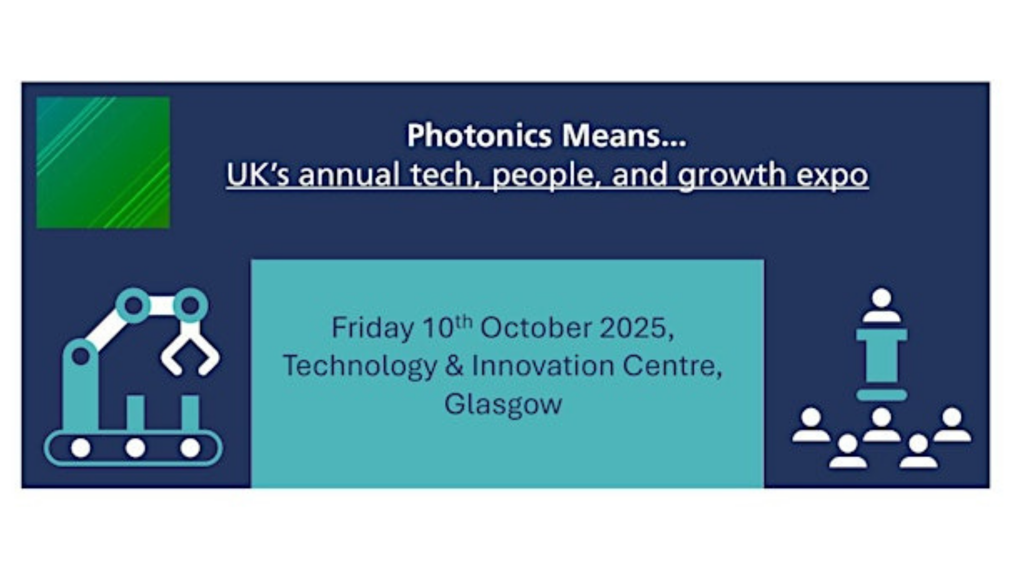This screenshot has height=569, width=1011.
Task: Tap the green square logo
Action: (x=103, y=162)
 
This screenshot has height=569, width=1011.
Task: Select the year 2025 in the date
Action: (x=636, y=329)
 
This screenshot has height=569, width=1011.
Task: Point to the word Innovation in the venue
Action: (x=543, y=366)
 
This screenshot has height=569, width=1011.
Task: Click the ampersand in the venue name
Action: (x=454, y=366)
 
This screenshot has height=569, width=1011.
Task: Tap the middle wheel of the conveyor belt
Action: (x=135, y=448)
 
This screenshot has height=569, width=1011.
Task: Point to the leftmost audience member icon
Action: (x=811, y=425)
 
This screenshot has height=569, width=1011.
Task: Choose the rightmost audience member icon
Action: (x=952, y=425)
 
